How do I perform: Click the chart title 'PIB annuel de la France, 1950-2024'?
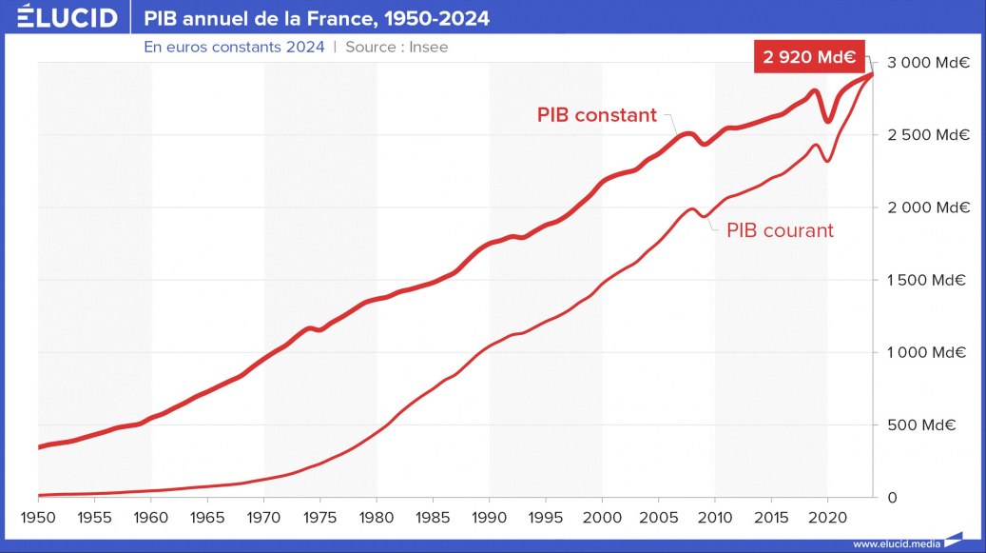[317, 18]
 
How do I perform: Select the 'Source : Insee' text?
[396, 47]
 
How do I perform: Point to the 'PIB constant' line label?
[596, 115]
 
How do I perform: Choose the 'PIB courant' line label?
[780, 229]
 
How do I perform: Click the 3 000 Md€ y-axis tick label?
[927, 63]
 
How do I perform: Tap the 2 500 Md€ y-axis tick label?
[927, 135]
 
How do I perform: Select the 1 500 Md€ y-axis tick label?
[927, 280]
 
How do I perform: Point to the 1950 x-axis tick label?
[39, 520]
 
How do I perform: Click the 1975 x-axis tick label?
[320, 520]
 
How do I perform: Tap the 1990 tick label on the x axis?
[490, 520]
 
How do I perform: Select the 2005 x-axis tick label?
[658, 520]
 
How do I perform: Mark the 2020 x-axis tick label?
[827, 520]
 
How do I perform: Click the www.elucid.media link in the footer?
[896, 543]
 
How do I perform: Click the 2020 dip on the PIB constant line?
[828, 121]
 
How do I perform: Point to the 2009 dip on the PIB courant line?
[704, 216]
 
